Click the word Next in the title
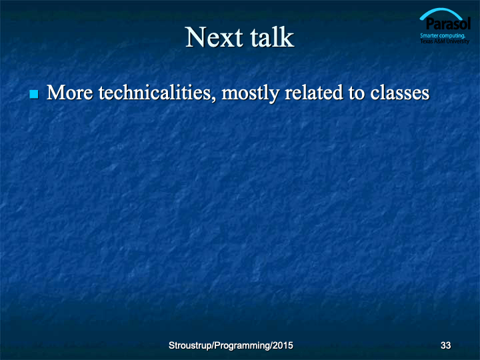tap(214, 37)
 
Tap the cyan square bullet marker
tap(34, 94)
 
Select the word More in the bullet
tap(69, 93)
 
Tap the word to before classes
tap(356, 94)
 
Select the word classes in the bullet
tap(400, 93)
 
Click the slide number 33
tap(446, 345)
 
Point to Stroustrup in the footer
tap(191, 345)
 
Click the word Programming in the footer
tap(242, 346)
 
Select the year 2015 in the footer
tap(283, 345)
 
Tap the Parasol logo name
tap(448, 24)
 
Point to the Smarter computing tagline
tap(443, 35)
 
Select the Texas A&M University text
tap(445, 41)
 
